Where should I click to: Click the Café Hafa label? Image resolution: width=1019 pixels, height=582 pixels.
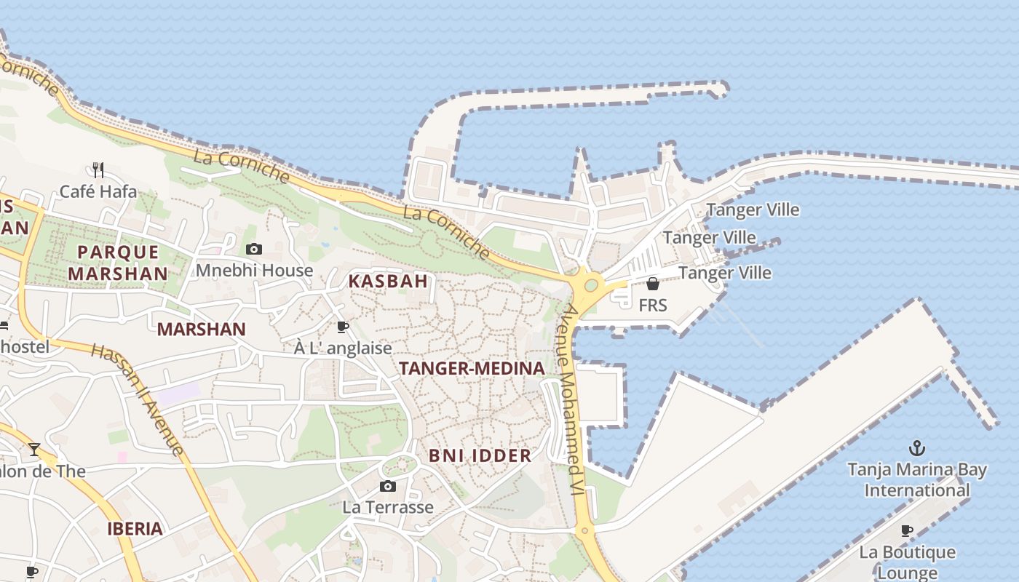98,192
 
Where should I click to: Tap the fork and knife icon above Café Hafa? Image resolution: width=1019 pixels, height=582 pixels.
98,170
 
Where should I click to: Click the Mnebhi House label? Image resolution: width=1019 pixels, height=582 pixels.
254,271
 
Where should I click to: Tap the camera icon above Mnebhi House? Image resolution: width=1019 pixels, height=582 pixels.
253,250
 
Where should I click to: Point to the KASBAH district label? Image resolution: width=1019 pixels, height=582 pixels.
387,281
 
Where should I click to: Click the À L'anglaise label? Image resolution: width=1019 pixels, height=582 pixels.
343,348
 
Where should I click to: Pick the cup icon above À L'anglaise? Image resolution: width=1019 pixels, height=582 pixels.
343,327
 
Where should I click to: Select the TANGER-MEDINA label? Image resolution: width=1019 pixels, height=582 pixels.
472,369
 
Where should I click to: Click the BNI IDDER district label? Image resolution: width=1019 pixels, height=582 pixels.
480,456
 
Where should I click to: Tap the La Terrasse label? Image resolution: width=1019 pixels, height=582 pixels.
388,507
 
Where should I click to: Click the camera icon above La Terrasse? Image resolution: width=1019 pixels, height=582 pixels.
388,486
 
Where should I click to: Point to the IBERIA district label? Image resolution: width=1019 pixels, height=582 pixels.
135,529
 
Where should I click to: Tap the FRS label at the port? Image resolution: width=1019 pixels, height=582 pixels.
652,306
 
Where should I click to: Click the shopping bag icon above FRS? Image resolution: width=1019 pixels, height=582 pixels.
653,284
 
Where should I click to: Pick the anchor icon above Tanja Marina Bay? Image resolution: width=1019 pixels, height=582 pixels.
917,447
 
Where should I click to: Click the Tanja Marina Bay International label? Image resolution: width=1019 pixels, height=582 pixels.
917,480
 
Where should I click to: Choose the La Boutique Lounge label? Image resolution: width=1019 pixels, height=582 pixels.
907,562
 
